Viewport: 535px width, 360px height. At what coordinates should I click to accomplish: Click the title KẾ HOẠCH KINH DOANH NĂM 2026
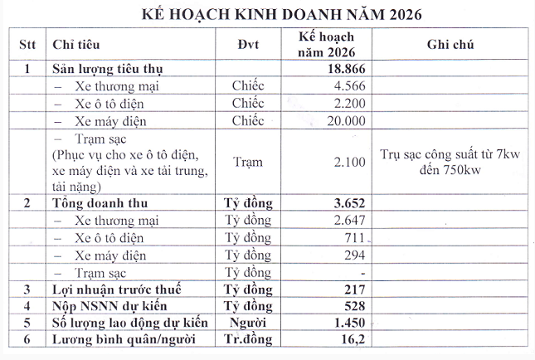coord(269,14)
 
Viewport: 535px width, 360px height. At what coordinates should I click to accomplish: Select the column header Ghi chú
coord(450,44)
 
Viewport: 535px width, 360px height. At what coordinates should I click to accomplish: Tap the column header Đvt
coord(247,44)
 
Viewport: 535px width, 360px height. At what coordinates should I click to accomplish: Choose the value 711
coord(354,237)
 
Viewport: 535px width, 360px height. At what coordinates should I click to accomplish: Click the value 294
coord(354,255)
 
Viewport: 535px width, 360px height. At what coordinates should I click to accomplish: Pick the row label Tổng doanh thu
coord(100,202)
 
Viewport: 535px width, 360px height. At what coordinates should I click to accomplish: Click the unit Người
coord(247,323)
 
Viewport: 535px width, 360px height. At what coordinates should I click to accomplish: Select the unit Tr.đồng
coord(247,340)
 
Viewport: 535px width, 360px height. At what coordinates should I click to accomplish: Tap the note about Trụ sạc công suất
coord(450,162)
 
